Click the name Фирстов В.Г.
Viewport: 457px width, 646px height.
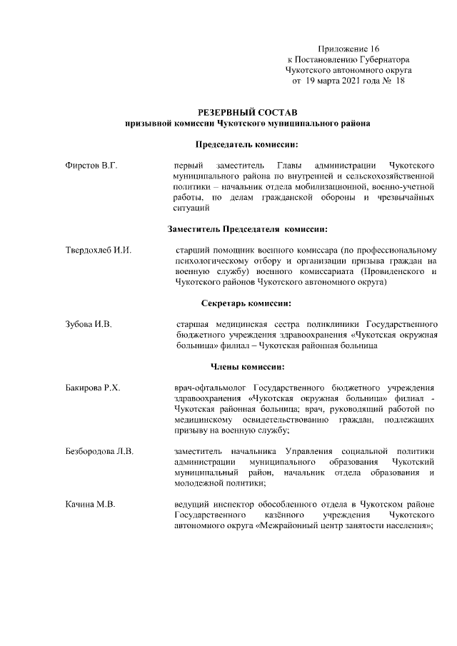pos(91,166)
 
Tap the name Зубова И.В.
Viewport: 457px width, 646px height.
pos(89,325)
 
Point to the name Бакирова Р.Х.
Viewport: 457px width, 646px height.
pos(92,388)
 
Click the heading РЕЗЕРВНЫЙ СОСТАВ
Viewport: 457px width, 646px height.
pos(247,112)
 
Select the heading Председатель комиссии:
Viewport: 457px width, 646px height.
pos(247,143)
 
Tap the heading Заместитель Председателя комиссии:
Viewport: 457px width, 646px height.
pos(247,229)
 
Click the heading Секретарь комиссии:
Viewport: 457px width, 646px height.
pos(247,303)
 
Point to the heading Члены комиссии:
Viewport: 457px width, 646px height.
pos(247,367)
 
